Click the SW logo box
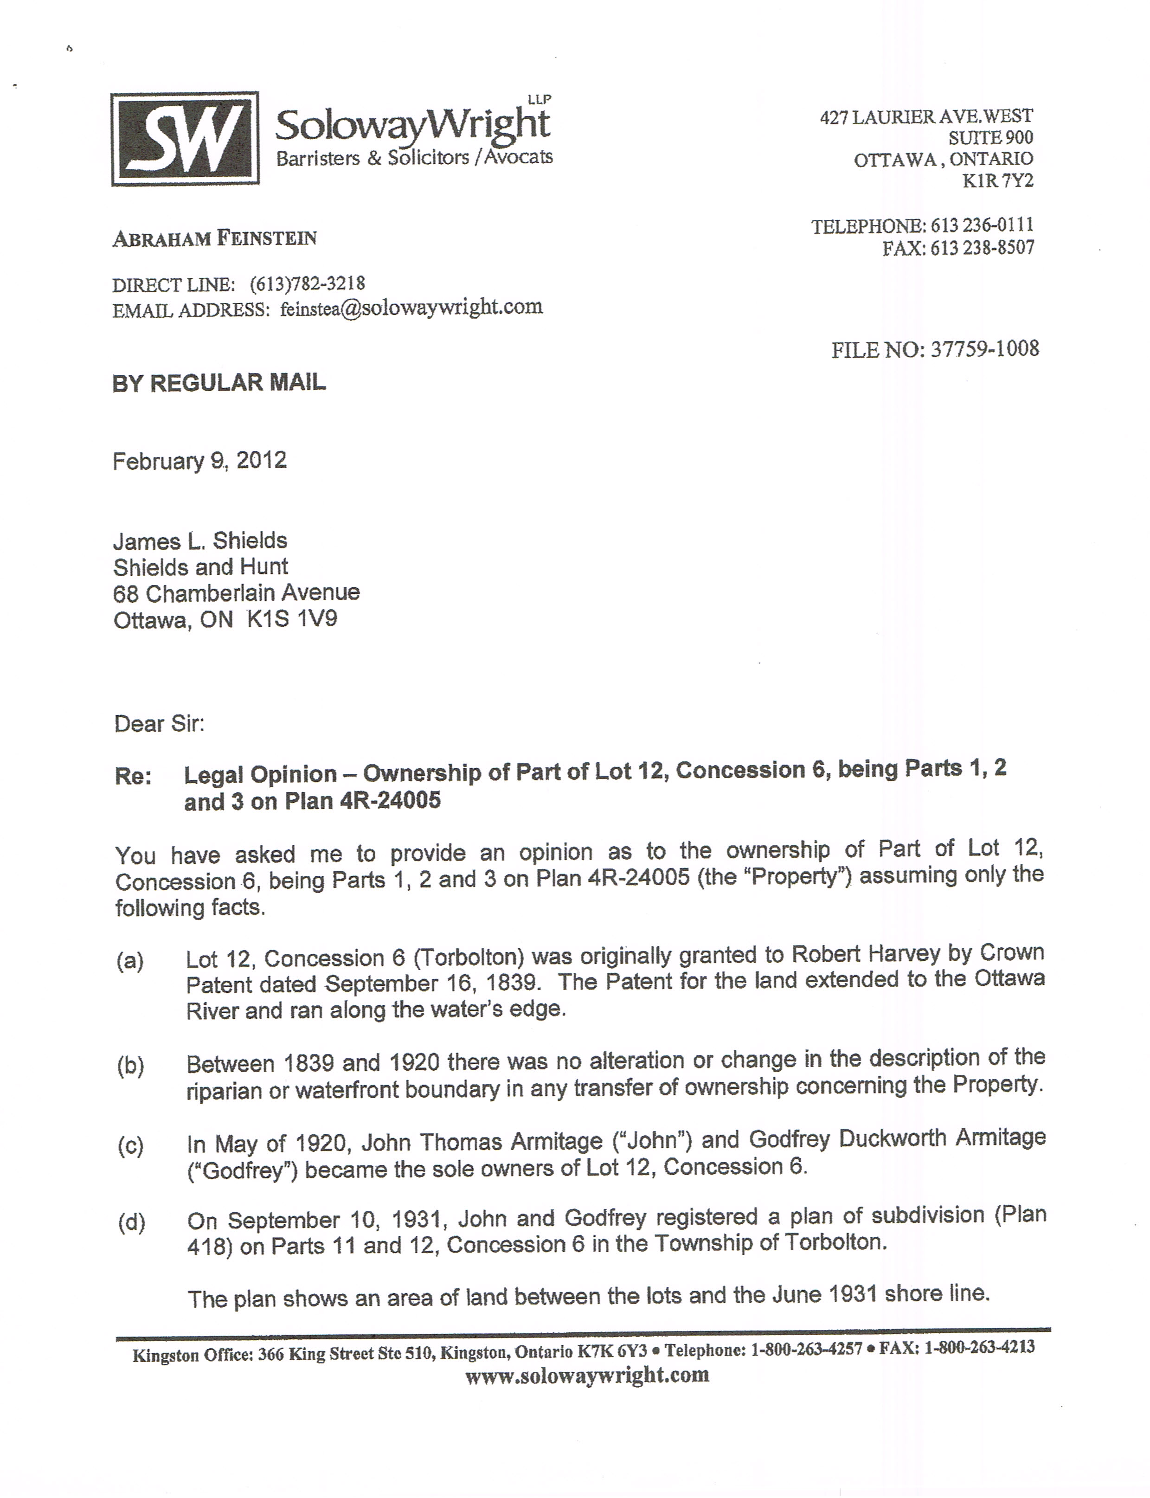coord(185,139)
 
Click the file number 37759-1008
coord(984,350)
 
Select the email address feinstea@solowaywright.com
coord(411,308)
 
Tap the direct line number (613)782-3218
coord(308,283)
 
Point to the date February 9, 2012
coord(199,461)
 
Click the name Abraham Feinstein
coord(214,238)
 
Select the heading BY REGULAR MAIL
coord(219,383)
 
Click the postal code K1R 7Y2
coord(997,181)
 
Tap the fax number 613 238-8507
coord(982,248)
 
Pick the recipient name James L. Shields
coord(200,541)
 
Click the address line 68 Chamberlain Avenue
coord(236,593)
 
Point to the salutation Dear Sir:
coord(159,724)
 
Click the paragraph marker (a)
coord(130,961)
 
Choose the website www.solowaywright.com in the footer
coord(587,1376)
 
